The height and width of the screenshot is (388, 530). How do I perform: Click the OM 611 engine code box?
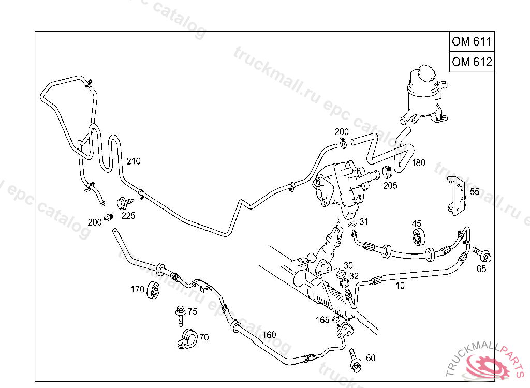point(471,41)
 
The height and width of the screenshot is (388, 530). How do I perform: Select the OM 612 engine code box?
point(471,62)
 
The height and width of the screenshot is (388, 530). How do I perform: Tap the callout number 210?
point(134,161)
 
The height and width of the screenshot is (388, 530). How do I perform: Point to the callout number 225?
point(128,216)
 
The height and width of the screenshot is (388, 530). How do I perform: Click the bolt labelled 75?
point(181,315)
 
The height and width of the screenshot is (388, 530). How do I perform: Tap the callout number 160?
point(269,335)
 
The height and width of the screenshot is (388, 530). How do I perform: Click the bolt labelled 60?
point(355,360)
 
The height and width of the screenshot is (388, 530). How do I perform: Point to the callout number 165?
point(322,320)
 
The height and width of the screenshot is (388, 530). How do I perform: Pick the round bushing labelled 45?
point(418,237)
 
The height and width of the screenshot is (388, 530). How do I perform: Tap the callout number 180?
point(418,163)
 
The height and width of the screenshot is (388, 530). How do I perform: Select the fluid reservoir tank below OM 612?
point(423,93)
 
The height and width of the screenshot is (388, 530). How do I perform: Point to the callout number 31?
point(364,222)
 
